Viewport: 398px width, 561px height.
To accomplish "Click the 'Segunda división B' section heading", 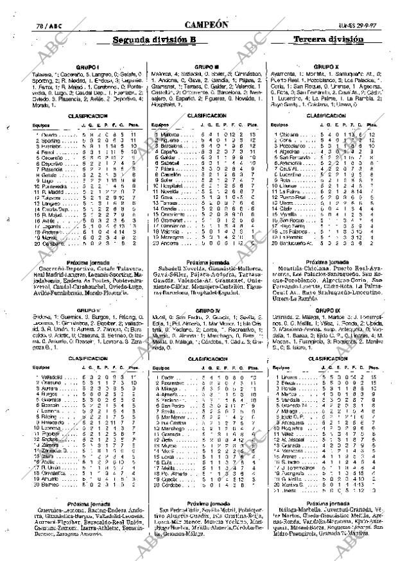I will (x=154, y=39).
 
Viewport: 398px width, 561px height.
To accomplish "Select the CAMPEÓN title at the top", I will (x=205, y=24).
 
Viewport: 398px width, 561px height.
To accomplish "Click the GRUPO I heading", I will (x=83, y=66).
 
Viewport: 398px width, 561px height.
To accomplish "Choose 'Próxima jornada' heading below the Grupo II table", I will (x=83, y=504).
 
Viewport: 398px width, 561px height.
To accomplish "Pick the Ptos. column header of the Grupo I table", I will (x=133, y=125).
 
